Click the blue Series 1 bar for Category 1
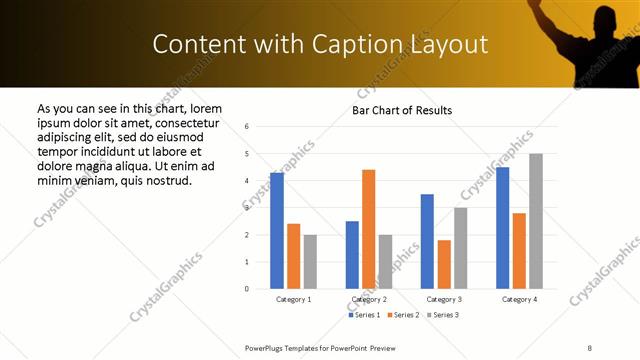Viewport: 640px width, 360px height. (x=276, y=231)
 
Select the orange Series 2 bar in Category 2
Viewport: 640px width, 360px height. (x=368, y=229)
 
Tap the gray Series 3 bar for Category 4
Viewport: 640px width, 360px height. (x=536, y=221)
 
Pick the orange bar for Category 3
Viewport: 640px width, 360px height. (x=444, y=264)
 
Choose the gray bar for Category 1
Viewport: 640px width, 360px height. (x=310, y=261)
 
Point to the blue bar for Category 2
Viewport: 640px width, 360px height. (x=352, y=255)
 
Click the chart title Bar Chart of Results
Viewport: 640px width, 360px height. (x=402, y=110)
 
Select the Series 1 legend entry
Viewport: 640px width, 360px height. (x=363, y=315)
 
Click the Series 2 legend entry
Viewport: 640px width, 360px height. (x=402, y=315)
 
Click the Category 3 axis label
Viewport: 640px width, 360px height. (x=444, y=299)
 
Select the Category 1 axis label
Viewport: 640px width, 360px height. (x=293, y=299)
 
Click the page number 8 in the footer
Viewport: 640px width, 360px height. (x=590, y=347)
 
